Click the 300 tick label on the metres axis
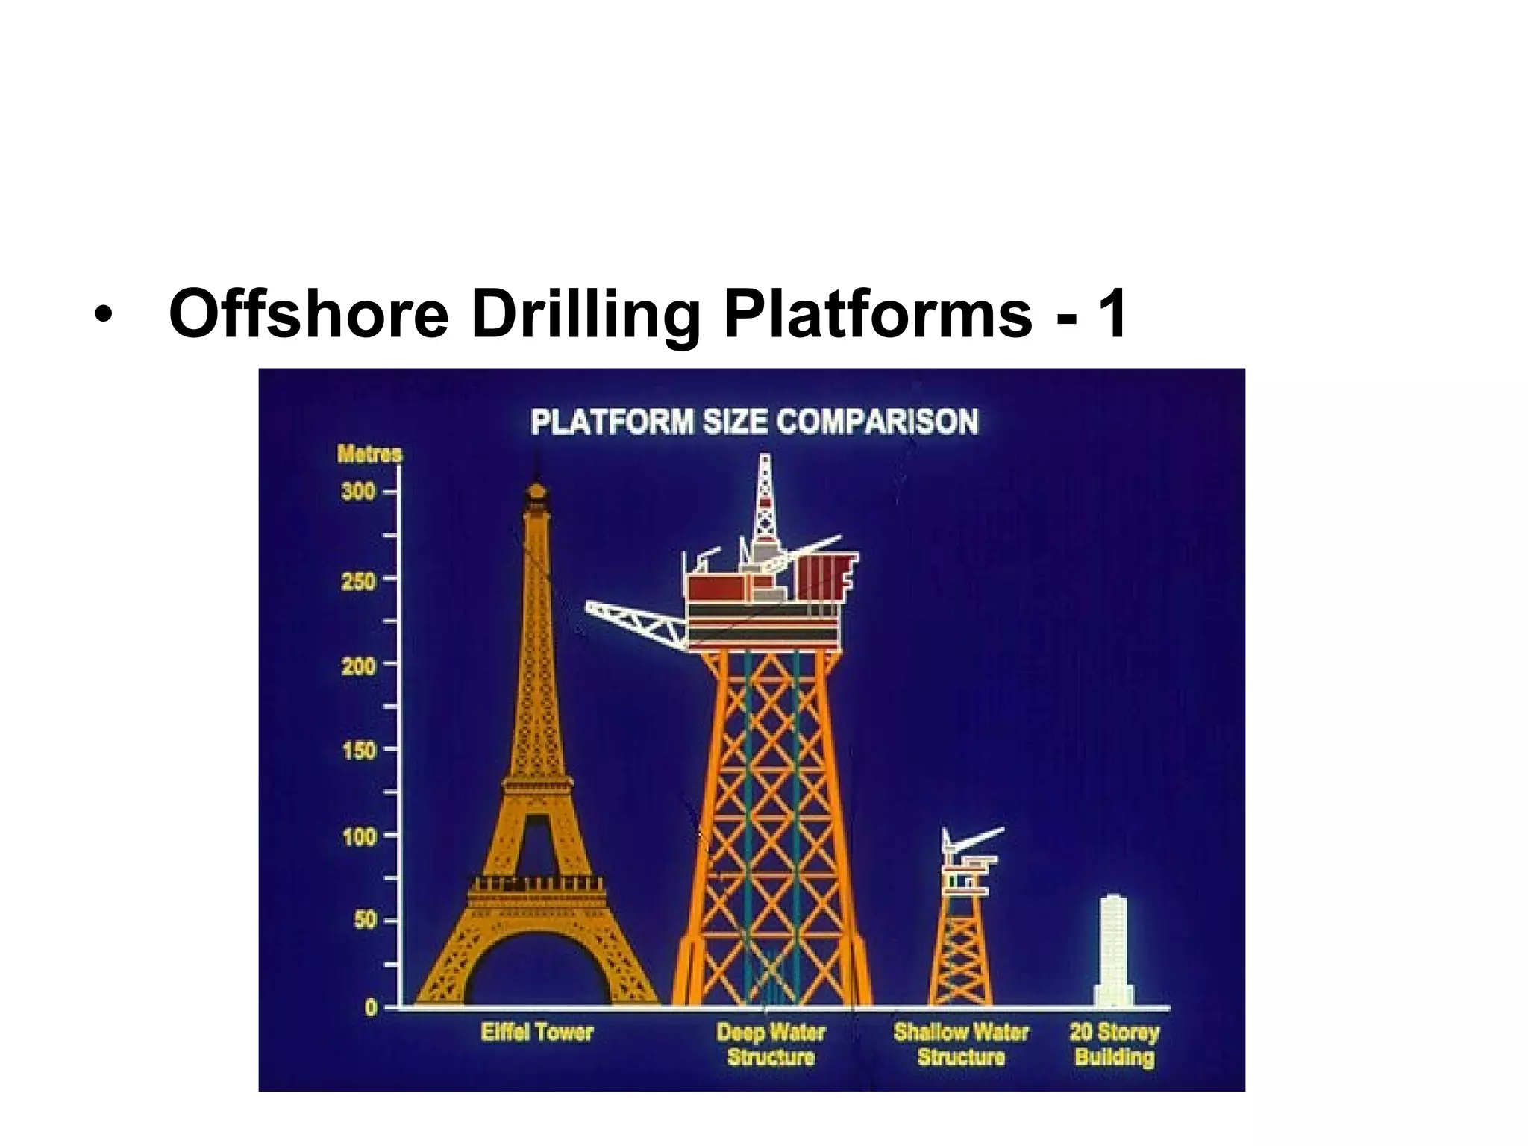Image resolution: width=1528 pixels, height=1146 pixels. pos(358,492)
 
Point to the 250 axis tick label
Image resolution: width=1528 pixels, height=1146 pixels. pos(358,580)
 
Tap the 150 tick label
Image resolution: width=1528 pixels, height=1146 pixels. pos(358,750)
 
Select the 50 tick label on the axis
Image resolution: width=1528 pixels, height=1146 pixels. pos(365,921)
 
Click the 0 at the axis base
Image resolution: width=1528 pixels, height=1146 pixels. pos(371,1008)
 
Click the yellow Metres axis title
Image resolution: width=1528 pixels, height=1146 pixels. pos(369,454)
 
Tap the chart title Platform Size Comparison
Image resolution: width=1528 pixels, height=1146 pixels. pos(754,422)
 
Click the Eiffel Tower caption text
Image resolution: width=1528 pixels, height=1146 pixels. pos(536,1033)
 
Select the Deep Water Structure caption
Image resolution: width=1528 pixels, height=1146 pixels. pos(771,1045)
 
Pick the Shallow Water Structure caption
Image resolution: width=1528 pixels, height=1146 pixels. pos(961,1045)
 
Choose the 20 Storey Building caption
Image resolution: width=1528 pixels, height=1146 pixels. pos(1114,1045)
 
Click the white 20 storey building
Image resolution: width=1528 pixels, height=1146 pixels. pos(1113,951)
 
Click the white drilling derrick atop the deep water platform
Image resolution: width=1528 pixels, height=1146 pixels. pos(764,500)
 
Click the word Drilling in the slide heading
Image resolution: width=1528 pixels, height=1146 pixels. pos(584,313)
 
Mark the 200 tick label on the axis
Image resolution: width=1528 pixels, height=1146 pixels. pos(358,665)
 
